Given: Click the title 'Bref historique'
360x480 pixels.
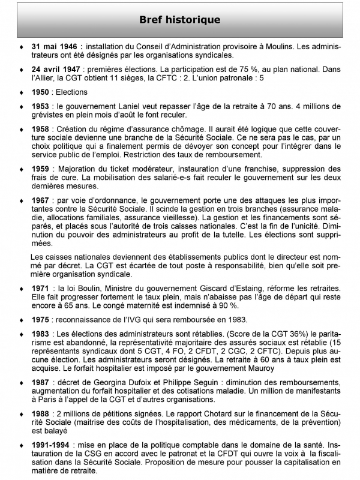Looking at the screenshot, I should pyautogui.click(x=179, y=20).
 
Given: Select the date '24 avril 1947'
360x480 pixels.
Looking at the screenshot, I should pyautogui.click(x=57, y=69).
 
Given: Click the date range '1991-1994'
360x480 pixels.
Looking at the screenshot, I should pyautogui.click(x=53, y=446).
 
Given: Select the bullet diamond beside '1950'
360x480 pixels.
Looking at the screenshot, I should pyautogui.click(x=22, y=92).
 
